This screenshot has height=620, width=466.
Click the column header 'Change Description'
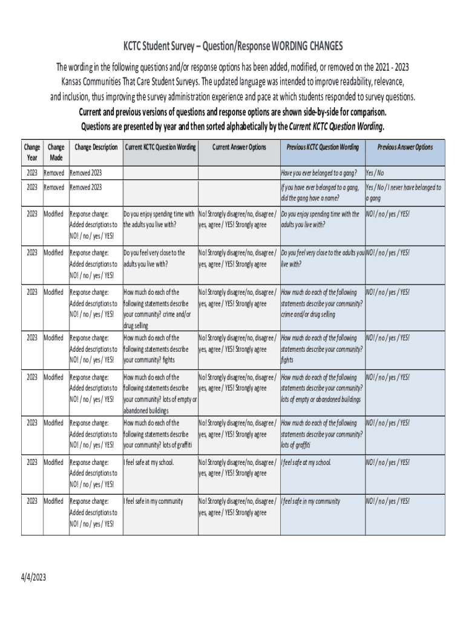(96, 147)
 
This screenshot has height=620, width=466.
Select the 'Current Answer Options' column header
(239, 147)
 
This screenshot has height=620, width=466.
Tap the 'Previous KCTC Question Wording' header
(322, 147)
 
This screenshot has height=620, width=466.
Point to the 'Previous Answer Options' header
(405, 147)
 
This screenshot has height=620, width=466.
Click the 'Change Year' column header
(32, 152)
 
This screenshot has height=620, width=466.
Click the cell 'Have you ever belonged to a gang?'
(318, 173)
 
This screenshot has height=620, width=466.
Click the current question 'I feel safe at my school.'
(148, 463)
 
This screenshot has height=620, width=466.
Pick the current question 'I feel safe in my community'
(153, 501)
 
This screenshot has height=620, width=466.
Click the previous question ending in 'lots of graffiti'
(322, 434)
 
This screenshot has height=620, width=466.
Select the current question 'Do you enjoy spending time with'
(160, 219)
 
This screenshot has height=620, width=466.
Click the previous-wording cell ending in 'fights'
(322, 349)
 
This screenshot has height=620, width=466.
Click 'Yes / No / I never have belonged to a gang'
(403, 193)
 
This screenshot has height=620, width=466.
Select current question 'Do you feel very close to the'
(154, 258)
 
